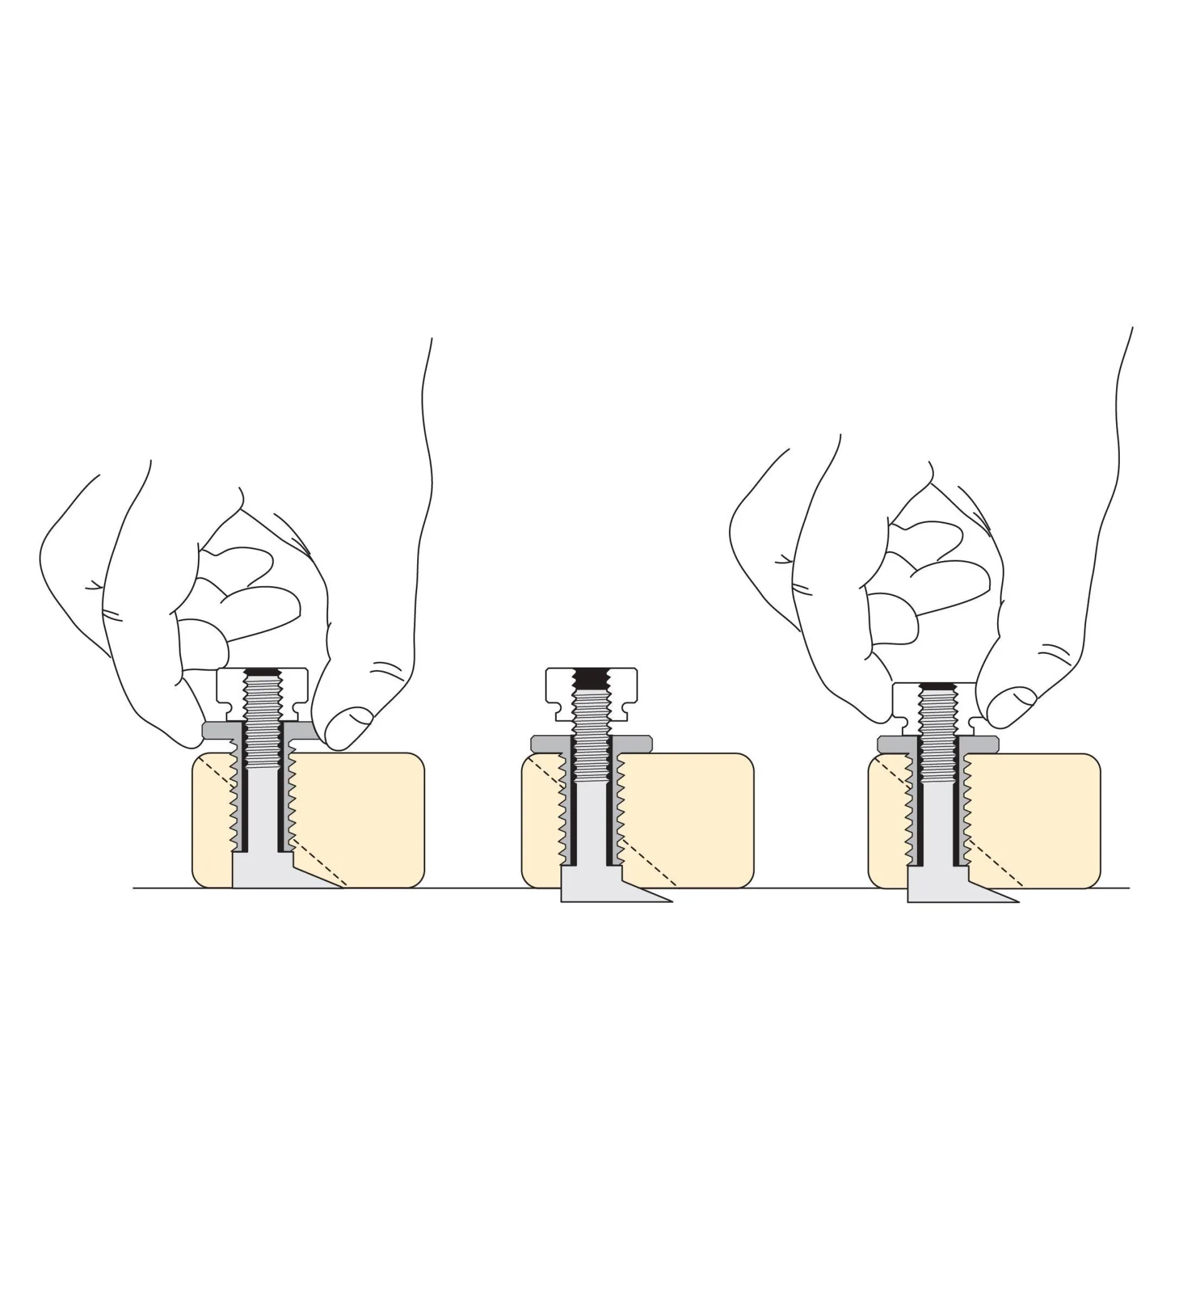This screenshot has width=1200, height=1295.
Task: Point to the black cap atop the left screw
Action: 262,671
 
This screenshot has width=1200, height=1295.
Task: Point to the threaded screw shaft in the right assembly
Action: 938,733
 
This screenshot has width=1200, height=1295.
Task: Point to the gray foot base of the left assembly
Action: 260,873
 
